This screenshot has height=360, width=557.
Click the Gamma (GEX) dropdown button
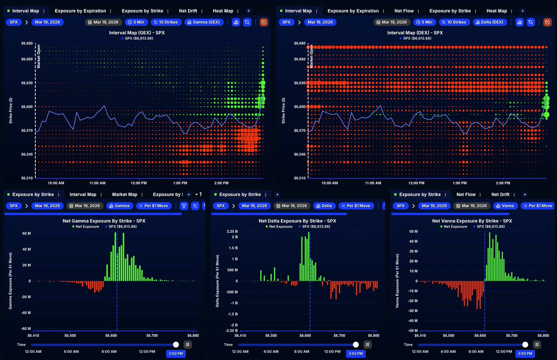(x=204, y=22)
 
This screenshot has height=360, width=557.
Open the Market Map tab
(x=124, y=195)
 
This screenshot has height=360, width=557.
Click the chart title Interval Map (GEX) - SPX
(x=137, y=33)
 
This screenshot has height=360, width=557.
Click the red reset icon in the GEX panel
(x=264, y=22)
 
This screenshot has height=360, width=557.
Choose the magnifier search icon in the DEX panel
(x=531, y=22)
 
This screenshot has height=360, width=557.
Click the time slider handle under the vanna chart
(x=525, y=344)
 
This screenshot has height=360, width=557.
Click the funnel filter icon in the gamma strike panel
(x=184, y=206)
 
